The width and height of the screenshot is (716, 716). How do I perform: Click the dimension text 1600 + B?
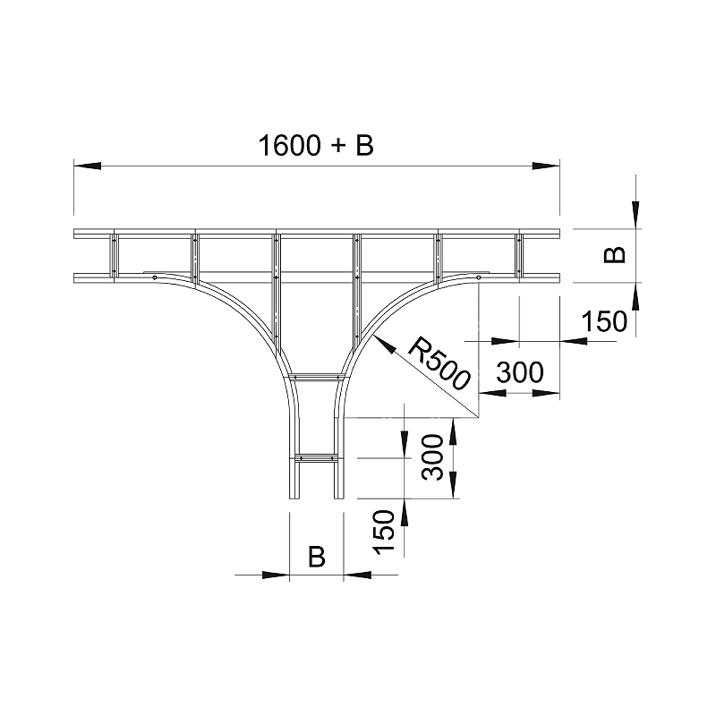[x=315, y=145]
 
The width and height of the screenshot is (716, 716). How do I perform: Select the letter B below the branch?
[x=316, y=557]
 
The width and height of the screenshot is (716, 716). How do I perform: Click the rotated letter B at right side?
[x=614, y=255]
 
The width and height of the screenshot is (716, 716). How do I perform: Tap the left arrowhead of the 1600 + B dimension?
[x=86, y=166]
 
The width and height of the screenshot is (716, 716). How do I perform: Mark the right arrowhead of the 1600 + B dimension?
[x=545, y=166]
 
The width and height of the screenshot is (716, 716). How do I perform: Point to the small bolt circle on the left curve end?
[x=155, y=277]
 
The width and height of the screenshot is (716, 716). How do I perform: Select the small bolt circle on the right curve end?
[x=478, y=277]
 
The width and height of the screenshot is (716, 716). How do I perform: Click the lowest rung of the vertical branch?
[x=315, y=459]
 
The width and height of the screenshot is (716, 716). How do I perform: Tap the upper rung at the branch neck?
[x=315, y=376]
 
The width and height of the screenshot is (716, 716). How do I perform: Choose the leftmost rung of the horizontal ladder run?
[x=114, y=254]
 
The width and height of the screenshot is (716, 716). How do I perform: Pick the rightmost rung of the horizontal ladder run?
[x=518, y=254]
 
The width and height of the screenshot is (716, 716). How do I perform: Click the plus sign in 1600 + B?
[x=337, y=147]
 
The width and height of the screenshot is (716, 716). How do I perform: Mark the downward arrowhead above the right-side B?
[x=635, y=215]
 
